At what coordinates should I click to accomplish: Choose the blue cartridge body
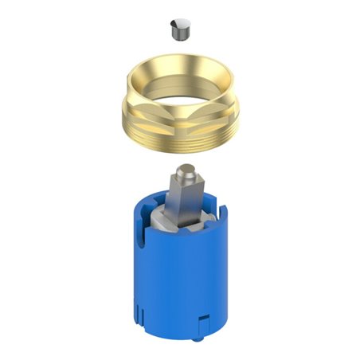click(x=180, y=271)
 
